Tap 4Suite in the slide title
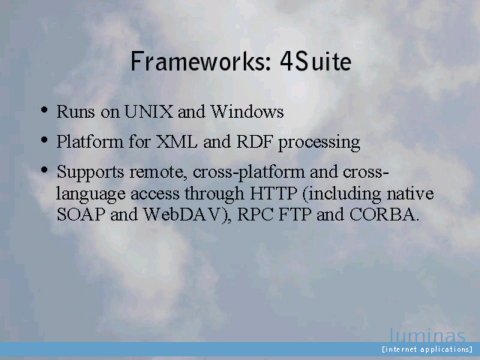tap(316, 61)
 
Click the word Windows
tap(247, 112)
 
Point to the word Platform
tap(90, 142)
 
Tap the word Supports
tap(90, 172)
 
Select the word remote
tap(158, 172)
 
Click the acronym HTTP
tap(274, 193)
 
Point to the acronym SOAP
tap(81, 214)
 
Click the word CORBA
tap(383, 214)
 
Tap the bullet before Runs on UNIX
tap(44, 109)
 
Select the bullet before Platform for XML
tap(44, 140)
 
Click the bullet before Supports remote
tap(44, 169)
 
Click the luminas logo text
tap(427, 335)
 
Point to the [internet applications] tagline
tap(427, 349)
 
